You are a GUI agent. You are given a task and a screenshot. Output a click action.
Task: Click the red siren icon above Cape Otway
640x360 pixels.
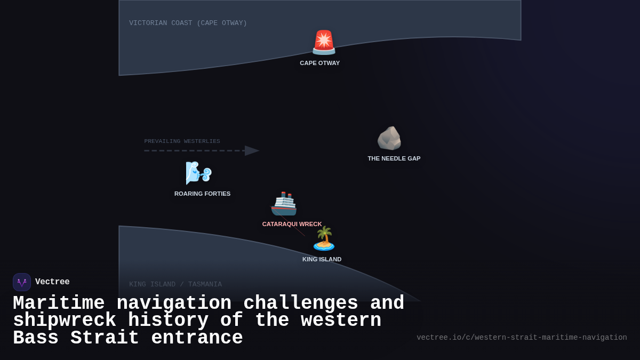(324, 43)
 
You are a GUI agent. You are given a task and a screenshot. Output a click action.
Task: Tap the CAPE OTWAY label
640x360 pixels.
(319, 63)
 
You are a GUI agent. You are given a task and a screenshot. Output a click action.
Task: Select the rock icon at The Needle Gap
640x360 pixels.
(389, 139)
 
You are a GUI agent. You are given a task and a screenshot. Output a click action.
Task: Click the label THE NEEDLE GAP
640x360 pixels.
(394, 158)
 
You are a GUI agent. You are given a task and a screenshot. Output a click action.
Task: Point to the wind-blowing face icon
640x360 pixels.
(198, 173)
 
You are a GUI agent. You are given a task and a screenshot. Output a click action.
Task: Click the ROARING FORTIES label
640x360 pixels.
(202, 194)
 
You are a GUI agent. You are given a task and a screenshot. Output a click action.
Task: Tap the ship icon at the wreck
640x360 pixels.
(283, 204)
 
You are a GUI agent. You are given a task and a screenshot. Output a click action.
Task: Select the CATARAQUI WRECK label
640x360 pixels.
(292, 224)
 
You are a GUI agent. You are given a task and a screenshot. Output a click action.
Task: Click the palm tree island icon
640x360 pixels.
(324, 238)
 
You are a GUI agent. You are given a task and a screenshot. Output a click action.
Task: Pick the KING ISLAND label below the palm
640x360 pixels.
(322, 259)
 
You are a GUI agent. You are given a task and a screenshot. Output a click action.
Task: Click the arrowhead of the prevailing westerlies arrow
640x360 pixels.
(252, 150)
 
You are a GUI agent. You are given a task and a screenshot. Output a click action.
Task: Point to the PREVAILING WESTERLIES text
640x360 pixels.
(182, 141)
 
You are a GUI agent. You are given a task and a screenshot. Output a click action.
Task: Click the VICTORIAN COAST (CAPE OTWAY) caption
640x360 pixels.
(188, 23)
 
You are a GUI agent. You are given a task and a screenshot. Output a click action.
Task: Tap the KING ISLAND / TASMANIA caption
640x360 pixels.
(175, 284)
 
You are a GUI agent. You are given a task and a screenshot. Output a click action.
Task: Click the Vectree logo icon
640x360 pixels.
(22, 282)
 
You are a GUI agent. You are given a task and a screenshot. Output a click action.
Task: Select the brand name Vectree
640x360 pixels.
(52, 282)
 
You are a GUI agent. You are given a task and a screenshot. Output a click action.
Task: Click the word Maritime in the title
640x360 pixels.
(59, 303)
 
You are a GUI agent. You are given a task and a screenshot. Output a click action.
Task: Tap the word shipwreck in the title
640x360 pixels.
(65, 321)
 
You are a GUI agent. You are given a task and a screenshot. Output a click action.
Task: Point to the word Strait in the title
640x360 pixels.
(105, 338)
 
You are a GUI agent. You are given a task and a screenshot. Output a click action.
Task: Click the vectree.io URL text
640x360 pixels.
(522, 338)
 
